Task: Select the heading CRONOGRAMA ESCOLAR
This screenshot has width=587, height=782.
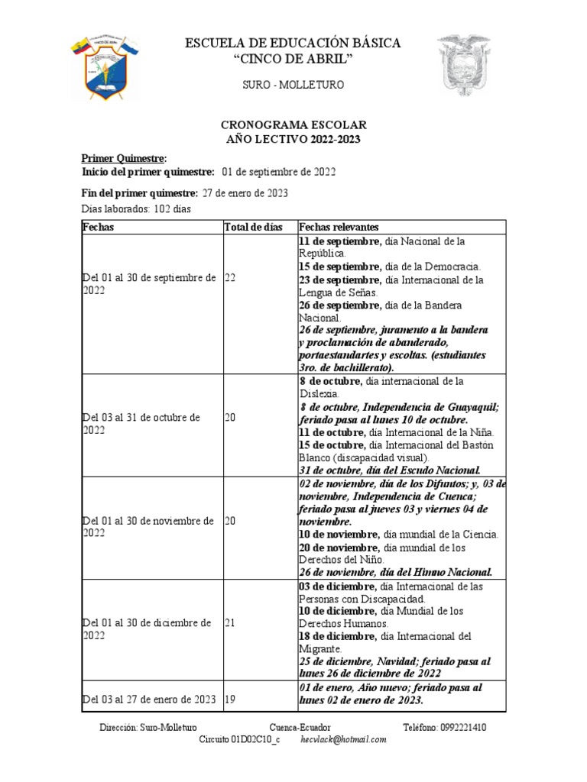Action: click(293, 124)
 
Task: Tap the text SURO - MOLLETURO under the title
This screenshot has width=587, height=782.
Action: click(293, 85)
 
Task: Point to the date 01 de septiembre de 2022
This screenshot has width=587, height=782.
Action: click(279, 173)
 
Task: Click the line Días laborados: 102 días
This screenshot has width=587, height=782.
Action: click(136, 208)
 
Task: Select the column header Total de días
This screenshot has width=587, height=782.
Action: click(253, 227)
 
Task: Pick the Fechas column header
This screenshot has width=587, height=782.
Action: click(99, 227)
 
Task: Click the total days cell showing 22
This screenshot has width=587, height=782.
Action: click(230, 279)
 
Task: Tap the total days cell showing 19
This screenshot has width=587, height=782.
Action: click(230, 698)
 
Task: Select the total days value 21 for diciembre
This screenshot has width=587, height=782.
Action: click(230, 623)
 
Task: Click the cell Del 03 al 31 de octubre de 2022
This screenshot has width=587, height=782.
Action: click(141, 424)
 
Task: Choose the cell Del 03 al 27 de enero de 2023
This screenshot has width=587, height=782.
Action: click(149, 698)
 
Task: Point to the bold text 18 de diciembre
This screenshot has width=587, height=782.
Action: click(337, 636)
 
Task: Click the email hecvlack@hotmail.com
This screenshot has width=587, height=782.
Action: click(343, 740)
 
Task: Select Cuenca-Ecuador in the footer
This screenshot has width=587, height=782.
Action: click(300, 728)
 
